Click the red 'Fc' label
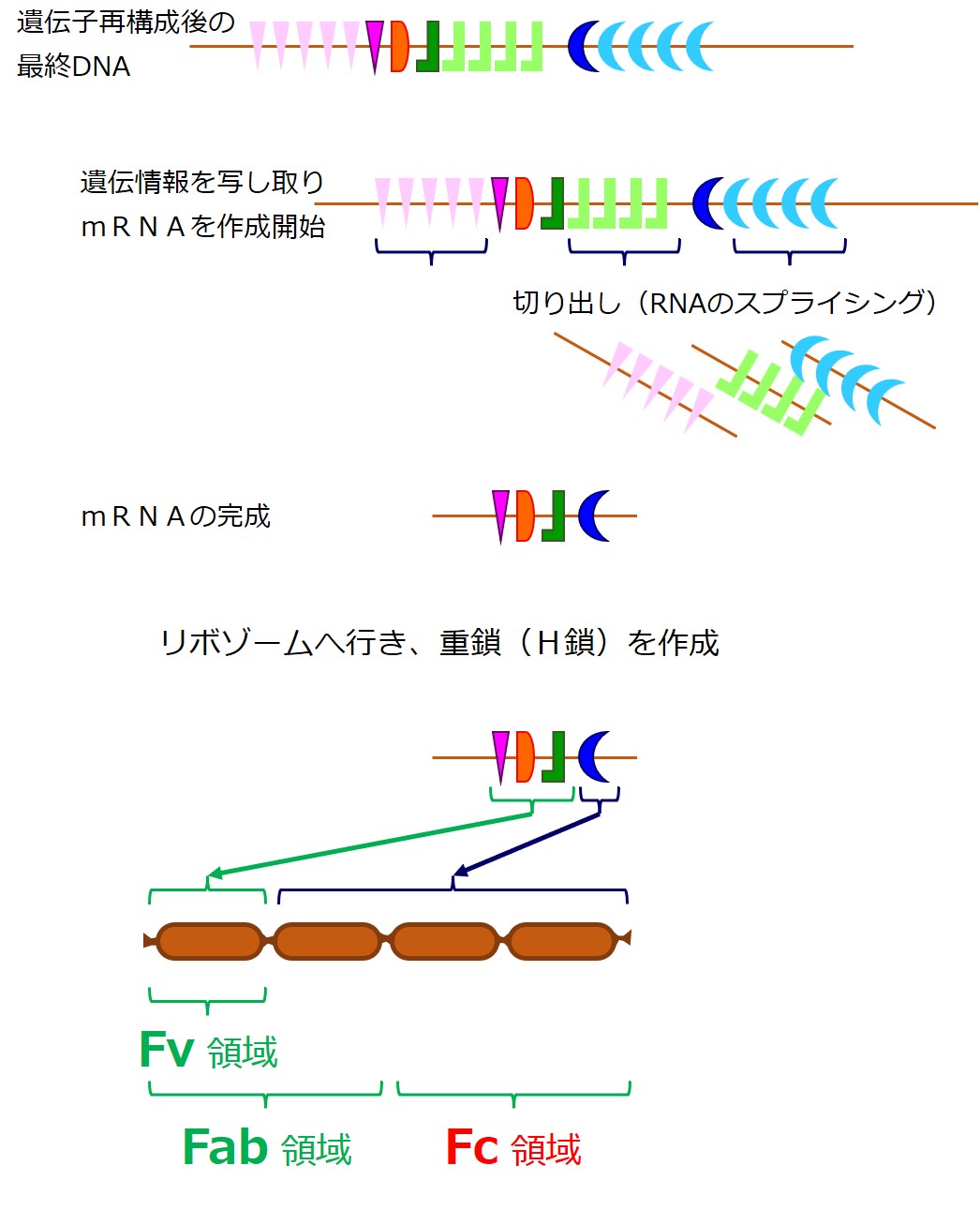click(x=471, y=1147)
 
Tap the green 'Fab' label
click(x=225, y=1147)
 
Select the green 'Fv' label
click(x=167, y=1050)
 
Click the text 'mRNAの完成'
click(x=176, y=516)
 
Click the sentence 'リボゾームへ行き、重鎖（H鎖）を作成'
click(x=440, y=643)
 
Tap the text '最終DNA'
click(x=73, y=67)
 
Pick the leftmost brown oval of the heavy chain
click(x=209, y=941)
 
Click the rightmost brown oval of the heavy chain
click(x=562, y=941)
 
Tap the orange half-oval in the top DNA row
click(x=399, y=47)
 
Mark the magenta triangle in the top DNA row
click(x=375, y=43)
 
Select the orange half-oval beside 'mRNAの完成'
click(x=524, y=515)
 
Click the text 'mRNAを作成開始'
click(x=203, y=227)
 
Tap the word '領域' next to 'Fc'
click(x=546, y=1150)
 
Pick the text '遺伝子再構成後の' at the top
click(x=126, y=22)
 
